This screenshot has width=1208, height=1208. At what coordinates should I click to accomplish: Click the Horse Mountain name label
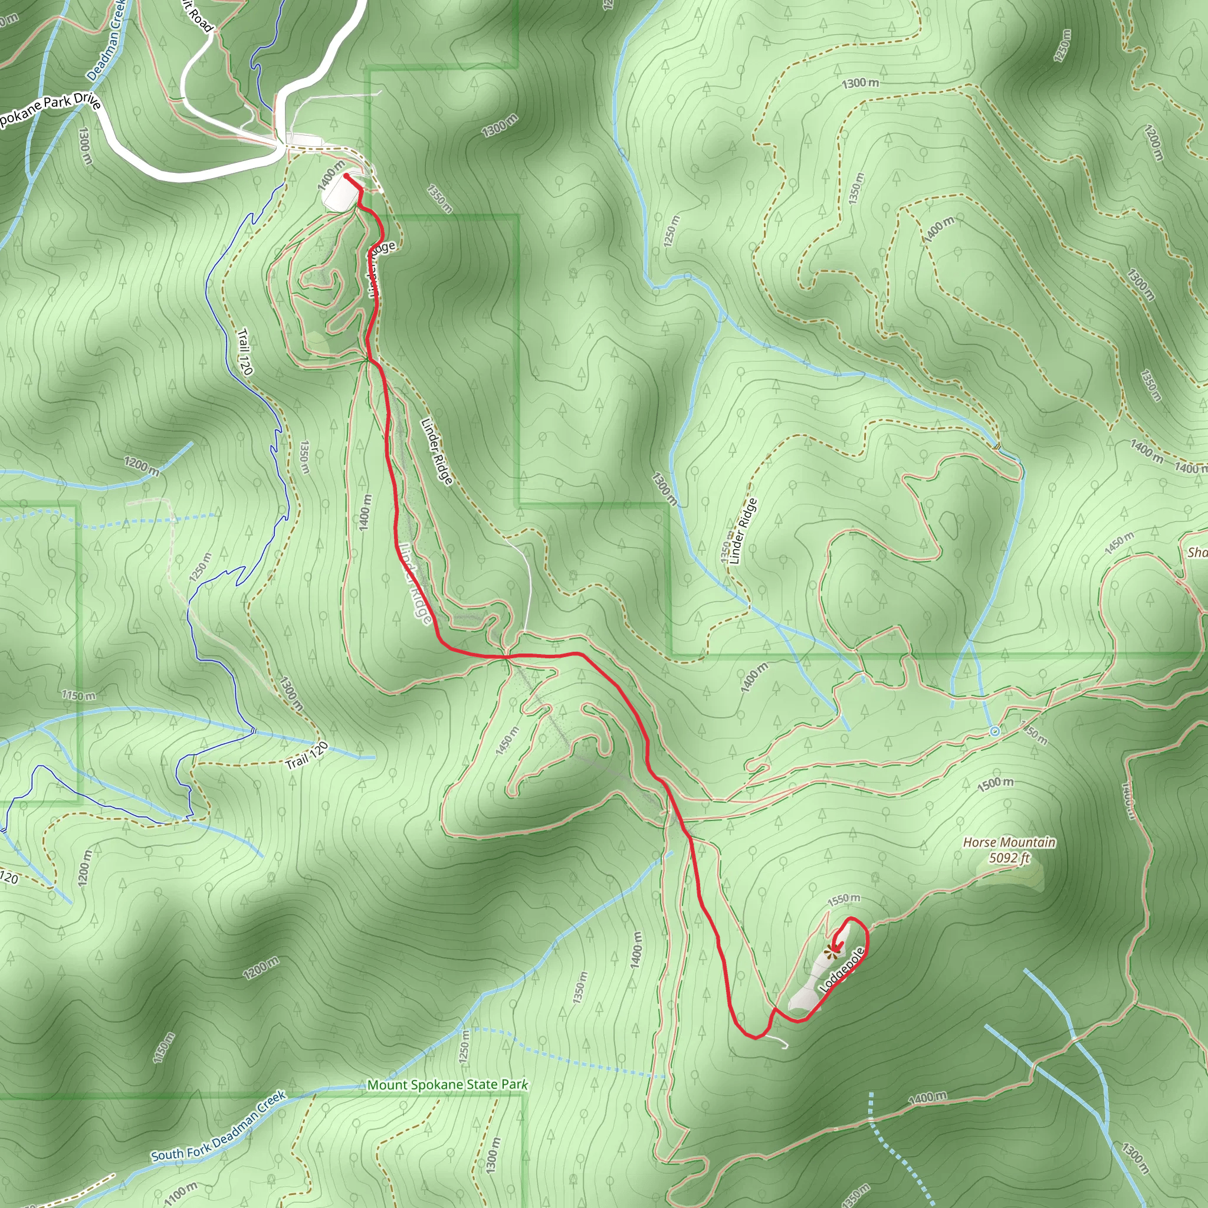(x=1009, y=842)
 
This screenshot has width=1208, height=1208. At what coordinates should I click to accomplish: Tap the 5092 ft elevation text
(x=1009, y=858)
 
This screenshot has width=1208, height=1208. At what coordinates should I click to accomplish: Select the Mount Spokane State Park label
(x=447, y=1084)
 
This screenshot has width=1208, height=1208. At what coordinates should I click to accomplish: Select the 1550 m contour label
(x=843, y=900)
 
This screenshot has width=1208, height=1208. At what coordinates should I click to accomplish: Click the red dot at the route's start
(x=346, y=176)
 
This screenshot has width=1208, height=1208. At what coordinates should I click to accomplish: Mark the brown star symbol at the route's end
(x=830, y=953)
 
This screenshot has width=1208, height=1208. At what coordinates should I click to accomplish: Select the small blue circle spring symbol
(x=995, y=731)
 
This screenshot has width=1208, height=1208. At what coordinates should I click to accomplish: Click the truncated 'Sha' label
(x=1197, y=552)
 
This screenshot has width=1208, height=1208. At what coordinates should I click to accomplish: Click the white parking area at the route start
(x=340, y=192)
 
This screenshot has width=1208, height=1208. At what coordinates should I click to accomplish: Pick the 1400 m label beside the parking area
(x=331, y=175)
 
